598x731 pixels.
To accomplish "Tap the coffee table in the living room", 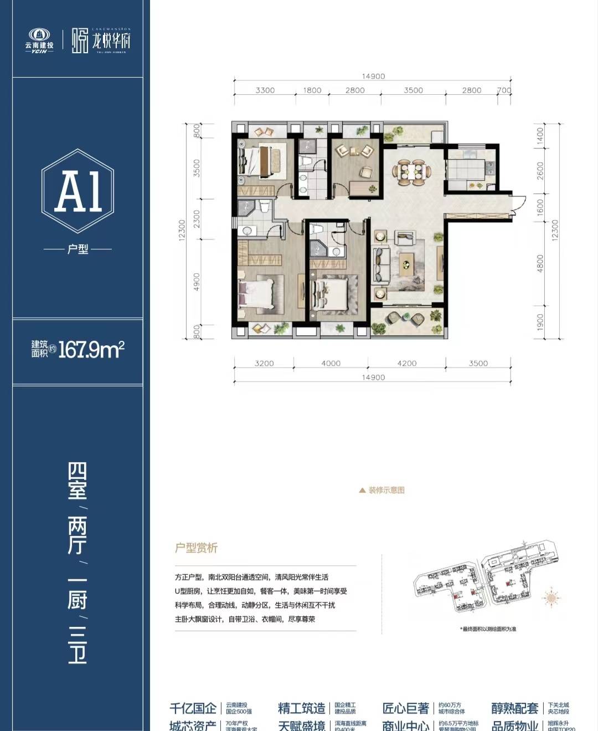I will [408, 264].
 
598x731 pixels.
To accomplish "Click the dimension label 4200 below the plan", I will [406, 363].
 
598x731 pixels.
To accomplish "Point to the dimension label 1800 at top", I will [312, 90].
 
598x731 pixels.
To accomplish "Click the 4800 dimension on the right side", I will [540, 263].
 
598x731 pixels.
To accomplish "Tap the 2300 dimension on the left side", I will [197, 218].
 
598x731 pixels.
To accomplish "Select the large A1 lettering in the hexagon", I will [78, 192].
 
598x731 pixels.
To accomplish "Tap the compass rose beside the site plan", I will [552, 597].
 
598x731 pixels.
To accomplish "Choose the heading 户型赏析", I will [197, 548].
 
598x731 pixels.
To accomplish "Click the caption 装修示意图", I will [386, 490].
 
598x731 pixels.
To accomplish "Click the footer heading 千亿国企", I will [193, 708].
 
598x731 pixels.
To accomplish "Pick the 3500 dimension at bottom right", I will [478, 363].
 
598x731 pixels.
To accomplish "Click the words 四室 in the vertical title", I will [78, 480].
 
